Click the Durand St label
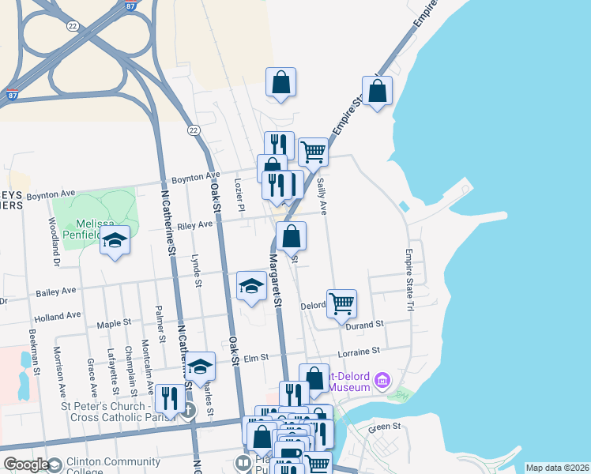click(x=368, y=324)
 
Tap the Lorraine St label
click(x=359, y=349)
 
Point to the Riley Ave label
click(x=195, y=225)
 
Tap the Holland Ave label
click(x=58, y=315)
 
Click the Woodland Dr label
click(x=55, y=241)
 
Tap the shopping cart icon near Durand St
click(x=341, y=303)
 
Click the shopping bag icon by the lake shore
click(x=378, y=90)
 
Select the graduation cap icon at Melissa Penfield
click(x=115, y=240)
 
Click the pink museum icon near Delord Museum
click(x=382, y=382)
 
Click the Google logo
click(x=26, y=465)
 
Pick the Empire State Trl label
click(x=409, y=269)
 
